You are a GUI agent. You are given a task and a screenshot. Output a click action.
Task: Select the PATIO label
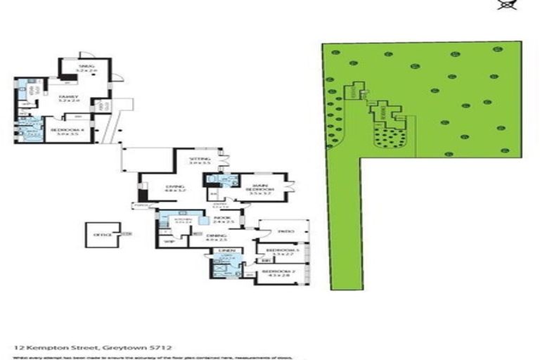(283, 231)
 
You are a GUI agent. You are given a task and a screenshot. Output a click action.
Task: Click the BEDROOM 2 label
(276, 272)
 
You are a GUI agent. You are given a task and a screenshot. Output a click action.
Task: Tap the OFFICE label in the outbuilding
(98, 236)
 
